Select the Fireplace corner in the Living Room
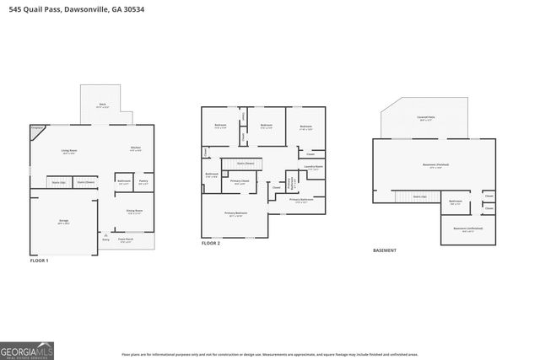pyautogui.click(x=36, y=129)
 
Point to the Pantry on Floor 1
pyautogui.click(x=143, y=181)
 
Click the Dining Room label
pyautogui.click(x=134, y=212)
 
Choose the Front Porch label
pyautogui.click(x=125, y=240)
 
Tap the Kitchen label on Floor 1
pyautogui.click(x=135, y=149)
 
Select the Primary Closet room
pyautogui.click(x=240, y=182)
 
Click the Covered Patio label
pyautogui.click(x=425, y=119)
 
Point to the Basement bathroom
pyautogui.click(x=455, y=201)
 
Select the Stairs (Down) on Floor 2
pyautogui.click(x=246, y=164)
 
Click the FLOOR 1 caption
pyautogui.click(x=40, y=261)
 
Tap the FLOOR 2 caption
pyautogui.click(x=211, y=243)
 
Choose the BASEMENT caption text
pyautogui.click(x=385, y=250)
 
